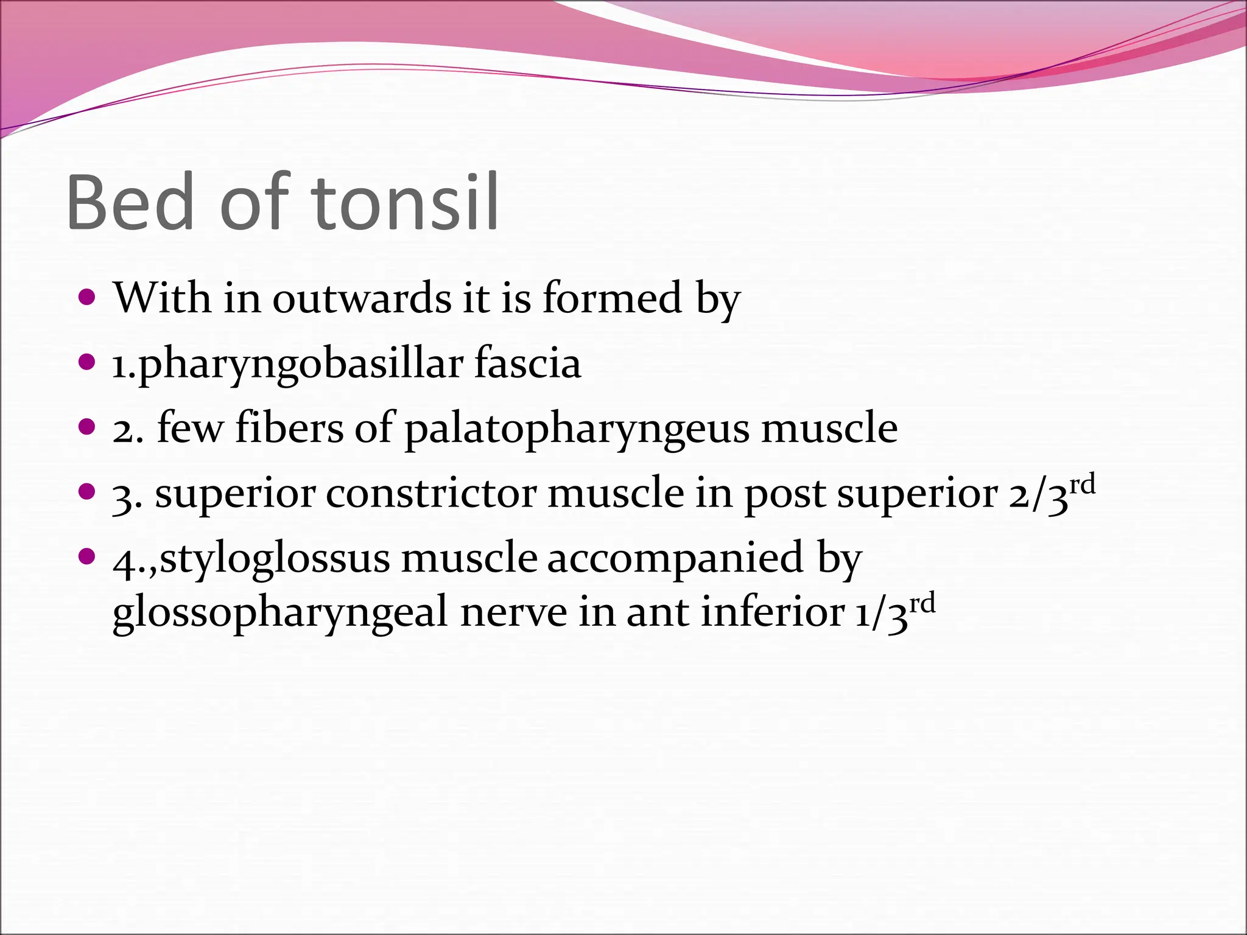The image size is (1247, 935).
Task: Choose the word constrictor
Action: [431, 494]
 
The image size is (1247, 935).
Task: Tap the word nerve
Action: [513, 612]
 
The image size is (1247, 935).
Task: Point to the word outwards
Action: [362, 298]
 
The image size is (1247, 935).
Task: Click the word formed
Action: [612, 298]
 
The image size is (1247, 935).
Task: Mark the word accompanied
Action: [675, 559]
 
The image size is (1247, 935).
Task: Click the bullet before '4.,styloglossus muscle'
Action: [88, 556]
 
